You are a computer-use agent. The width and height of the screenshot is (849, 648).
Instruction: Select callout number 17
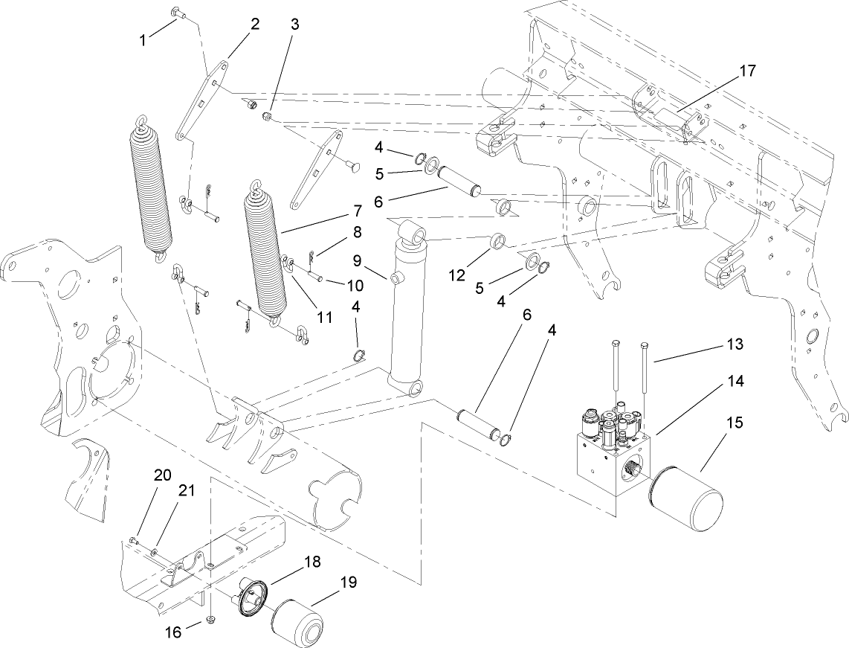(x=746, y=71)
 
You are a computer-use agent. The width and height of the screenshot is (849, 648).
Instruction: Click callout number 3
(x=294, y=24)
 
